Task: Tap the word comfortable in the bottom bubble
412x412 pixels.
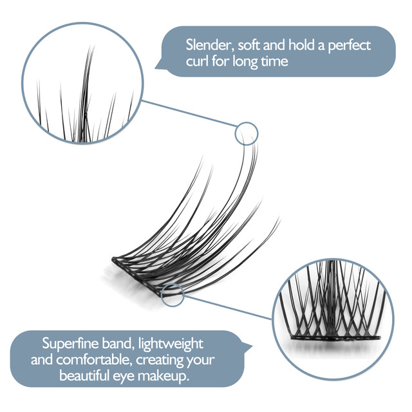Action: [106, 359]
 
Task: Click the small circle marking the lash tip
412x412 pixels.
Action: [246, 134]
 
